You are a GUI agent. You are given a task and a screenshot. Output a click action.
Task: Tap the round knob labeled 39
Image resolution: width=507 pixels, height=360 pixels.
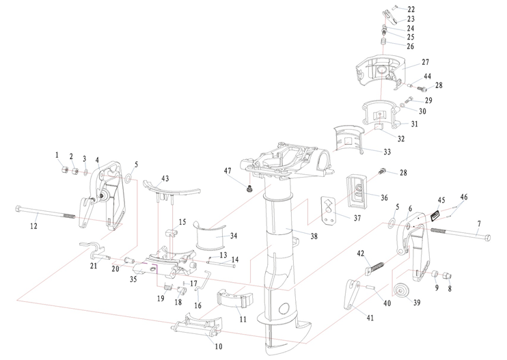coord(401,288)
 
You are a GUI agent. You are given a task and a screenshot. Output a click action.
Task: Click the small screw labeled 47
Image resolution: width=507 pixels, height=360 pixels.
coord(249,186)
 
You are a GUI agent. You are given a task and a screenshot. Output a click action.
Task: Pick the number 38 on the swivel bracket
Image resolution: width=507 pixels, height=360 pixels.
coord(295,236)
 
